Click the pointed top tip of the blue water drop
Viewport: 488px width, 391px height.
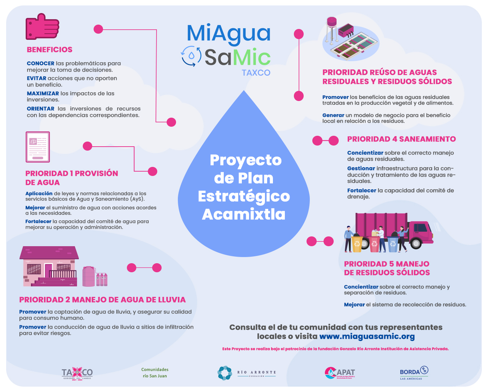(244, 91)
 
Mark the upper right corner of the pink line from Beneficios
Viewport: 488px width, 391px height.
(157, 30)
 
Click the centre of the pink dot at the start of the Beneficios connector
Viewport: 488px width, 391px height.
(98, 29)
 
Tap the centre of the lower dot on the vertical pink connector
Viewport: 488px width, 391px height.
(299, 96)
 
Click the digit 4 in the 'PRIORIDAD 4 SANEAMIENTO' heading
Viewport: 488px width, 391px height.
(395, 139)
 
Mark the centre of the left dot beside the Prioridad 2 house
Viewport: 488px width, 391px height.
(132, 268)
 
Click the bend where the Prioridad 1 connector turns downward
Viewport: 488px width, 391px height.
(134, 147)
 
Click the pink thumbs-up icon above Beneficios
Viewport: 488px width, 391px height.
(42, 26)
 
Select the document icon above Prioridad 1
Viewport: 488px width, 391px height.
(38, 147)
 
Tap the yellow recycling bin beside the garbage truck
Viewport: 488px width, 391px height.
(357, 244)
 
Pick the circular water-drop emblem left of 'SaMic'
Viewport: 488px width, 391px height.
(191, 56)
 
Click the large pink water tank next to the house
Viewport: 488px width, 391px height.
(89, 276)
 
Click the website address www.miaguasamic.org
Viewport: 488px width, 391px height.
(367, 336)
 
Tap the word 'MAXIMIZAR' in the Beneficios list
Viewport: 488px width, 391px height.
(43, 93)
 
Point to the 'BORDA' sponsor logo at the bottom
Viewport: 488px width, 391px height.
(414, 373)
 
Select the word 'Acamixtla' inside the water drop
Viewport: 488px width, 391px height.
(244, 214)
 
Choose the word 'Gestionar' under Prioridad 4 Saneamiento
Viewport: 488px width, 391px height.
(361, 168)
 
